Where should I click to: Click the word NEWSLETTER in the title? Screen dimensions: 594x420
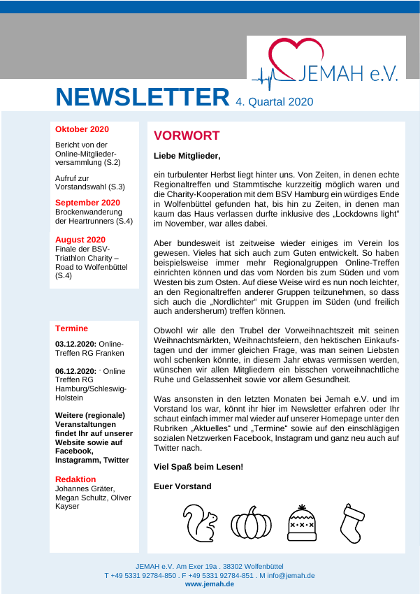coord(143,97)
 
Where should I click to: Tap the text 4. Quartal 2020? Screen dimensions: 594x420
coord(274,101)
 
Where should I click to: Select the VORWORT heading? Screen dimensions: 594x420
coord(187,136)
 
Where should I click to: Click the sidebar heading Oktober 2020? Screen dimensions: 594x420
coord(82,129)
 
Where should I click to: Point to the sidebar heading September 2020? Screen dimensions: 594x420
coord(87,203)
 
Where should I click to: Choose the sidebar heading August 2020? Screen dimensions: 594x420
coord(80,240)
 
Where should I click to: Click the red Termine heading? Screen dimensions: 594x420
coord(71,328)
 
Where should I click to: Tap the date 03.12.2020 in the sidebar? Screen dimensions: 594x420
coord(75,344)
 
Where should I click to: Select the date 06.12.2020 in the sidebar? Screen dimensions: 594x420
coord(75,370)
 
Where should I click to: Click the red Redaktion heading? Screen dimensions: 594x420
coord(75,479)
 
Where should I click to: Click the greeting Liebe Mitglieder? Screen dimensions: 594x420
coord(187,156)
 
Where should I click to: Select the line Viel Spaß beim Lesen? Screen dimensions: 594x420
coord(198,466)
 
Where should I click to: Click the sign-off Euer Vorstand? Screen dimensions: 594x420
coord(182,486)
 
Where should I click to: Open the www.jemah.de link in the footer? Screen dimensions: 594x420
coord(210,584)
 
